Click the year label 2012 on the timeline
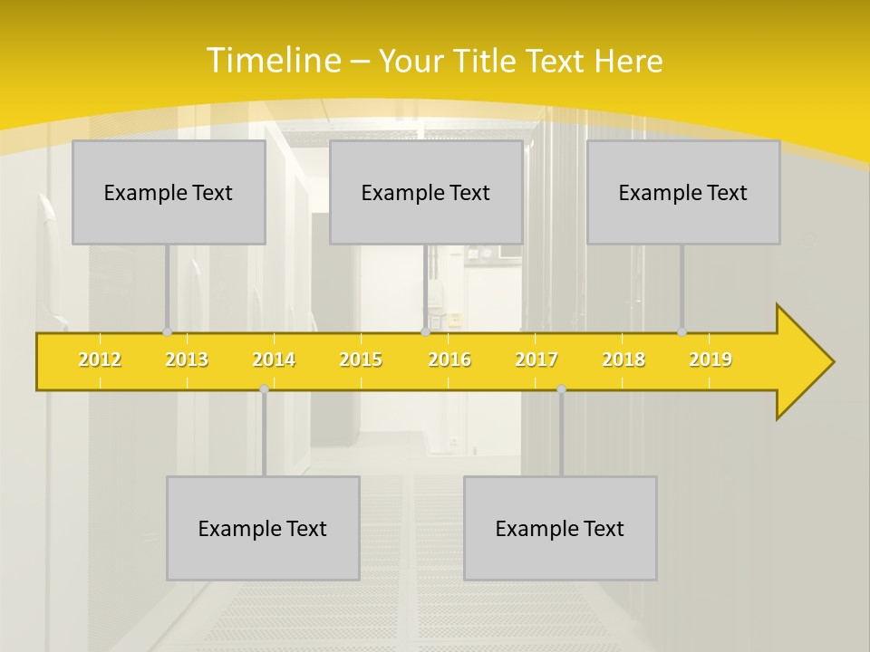100,360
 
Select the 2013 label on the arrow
187,360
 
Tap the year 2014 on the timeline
274,360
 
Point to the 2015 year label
361,360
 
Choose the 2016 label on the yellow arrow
449,360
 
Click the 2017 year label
536,360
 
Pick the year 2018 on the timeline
623,360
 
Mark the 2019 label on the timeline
710,360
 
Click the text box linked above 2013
169,192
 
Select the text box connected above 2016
426,192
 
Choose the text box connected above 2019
683,192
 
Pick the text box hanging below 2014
263,528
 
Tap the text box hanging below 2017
560,528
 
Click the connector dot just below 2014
264,388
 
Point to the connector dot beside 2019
681,331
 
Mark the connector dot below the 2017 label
561,388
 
